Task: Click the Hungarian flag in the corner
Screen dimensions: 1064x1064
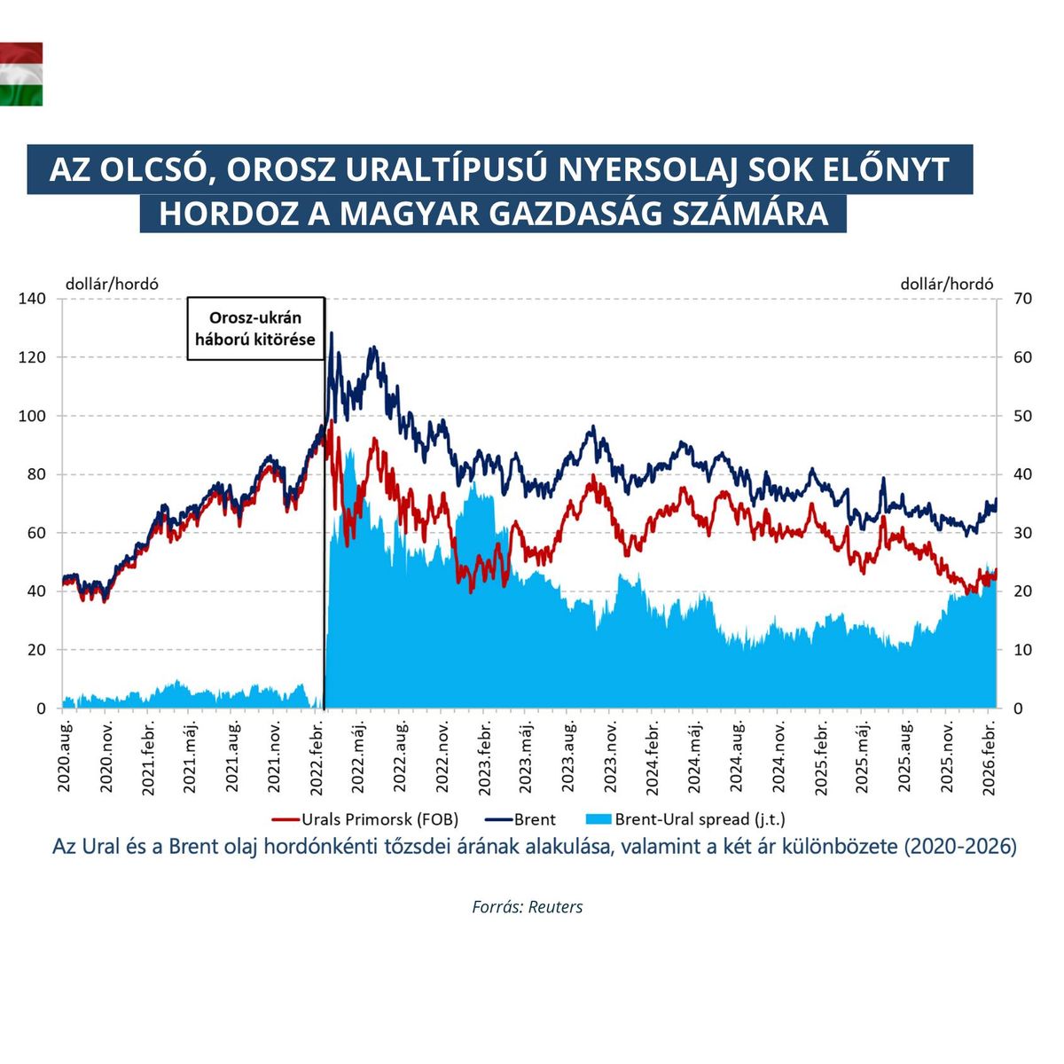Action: tap(20, 74)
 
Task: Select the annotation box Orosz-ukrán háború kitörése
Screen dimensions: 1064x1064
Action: tap(255, 329)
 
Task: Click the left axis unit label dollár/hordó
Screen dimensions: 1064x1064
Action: tap(112, 284)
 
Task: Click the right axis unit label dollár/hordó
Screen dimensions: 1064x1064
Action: tap(946, 284)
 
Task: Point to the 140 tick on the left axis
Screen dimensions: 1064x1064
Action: tap(32, 299)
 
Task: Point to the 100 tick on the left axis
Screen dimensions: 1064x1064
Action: tap(32, 416)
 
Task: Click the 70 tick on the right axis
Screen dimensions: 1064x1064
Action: tap(1022, 299)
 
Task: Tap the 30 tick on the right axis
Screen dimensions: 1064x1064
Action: tap(1022, 533)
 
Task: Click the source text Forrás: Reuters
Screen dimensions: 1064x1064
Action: tap(528, 907)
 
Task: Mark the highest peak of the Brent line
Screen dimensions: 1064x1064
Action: tap(332, 334)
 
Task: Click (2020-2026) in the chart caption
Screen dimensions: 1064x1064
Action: tap(959, 847)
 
